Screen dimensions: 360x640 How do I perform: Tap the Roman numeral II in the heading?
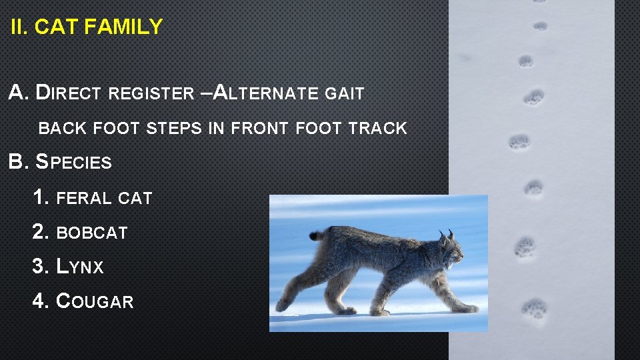click(19, 27)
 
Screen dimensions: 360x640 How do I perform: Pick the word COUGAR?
click(95, 301)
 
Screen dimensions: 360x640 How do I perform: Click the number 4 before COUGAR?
click(40, 301)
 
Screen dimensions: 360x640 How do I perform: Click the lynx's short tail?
click(316, 235)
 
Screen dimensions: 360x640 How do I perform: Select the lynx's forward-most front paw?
click(469, 309)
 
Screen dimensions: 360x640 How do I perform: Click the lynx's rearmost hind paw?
click(283, 305)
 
